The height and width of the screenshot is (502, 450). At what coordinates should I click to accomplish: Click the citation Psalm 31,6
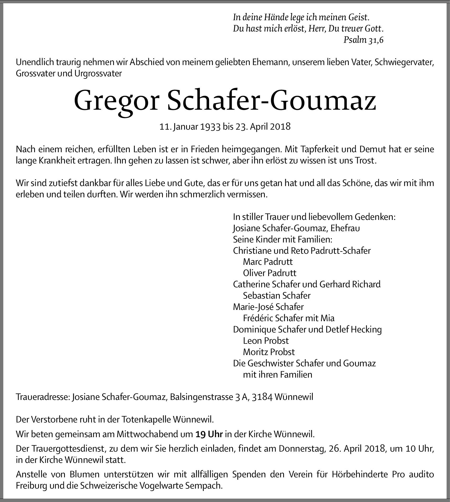pyautogui.click(x=363, y=40)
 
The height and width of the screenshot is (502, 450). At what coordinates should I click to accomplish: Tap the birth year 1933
pyautogui.click(x=210, y=126)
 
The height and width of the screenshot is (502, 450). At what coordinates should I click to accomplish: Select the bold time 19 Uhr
pyautogui.click(x=209, y=434)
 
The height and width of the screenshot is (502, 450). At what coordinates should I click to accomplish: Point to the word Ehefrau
pyautogui.click(x=345, y=228)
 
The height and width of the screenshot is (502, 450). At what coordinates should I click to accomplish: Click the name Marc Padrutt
pyautogui.click(x=268, y=262)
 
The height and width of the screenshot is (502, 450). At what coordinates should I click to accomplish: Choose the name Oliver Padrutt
pyautogui.click(x=270, y=273)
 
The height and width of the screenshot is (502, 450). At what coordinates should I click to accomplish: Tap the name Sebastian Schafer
pyautogui.click(x=277, y=296)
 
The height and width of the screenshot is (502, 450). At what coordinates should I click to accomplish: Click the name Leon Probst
pyautogui.click(x=266, y=341)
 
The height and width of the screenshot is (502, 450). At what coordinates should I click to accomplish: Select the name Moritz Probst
pyautogui.click(x=269, y=352)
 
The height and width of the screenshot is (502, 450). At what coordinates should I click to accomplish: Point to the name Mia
pyautogui.click(x=327, y=318)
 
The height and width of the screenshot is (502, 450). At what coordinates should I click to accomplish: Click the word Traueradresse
pyautogui.click(x=43, y=397)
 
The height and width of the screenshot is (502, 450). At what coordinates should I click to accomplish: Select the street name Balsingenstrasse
pyautogui.click(x=201, y=397)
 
